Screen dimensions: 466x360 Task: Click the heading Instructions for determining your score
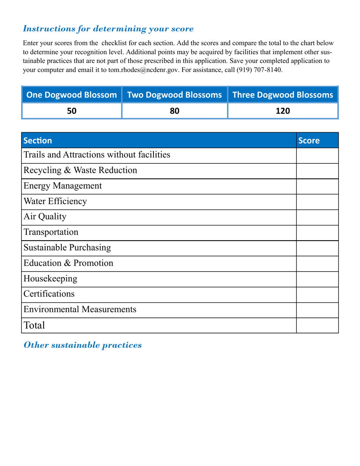tap(108, 29)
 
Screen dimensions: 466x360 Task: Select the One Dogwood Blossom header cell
tap(72, 95)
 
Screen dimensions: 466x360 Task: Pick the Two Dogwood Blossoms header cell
tap(174, 95)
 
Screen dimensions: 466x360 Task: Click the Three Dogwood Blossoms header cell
tap(283, 95)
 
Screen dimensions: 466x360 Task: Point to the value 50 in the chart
tap(72, 111)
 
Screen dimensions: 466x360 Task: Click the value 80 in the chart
tap(174, 111)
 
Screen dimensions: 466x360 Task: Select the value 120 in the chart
tap(283, 111)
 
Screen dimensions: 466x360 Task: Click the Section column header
tap(38, 141)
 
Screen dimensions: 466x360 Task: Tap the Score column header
tap(309, 141)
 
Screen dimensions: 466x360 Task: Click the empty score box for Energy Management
tap(317, 186)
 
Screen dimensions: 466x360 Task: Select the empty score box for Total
tap(317, 325)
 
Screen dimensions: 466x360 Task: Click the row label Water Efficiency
tap(55, 202)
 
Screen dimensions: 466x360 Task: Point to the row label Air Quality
tap(45, 217)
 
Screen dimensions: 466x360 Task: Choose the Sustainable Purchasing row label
tap(67, 248)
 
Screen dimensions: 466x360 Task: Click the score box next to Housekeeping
tap(317, 279)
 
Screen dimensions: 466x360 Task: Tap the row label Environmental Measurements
tap(80, 310)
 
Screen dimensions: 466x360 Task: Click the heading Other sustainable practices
tap(83, 345)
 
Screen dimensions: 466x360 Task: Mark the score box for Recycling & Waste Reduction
tap(317, 171)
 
